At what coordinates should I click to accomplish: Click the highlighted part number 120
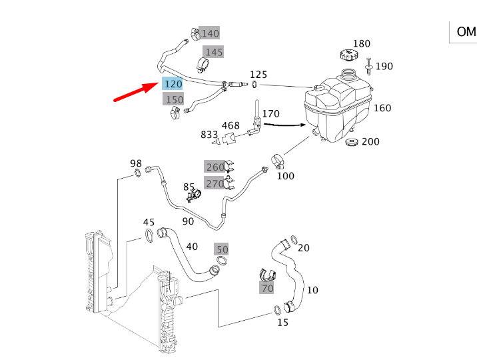(172, 83)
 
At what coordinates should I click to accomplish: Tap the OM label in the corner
(465, 32)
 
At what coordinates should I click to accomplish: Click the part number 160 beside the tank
(382, 108)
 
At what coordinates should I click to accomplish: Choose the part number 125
(258, 74)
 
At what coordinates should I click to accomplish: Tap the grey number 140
(209, 33)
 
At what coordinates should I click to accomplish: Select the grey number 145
(213, 52)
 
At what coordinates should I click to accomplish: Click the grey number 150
(174, 99)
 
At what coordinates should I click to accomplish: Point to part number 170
(270, 114)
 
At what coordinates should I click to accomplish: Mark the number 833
(209, 135)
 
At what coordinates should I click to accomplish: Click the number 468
(231, 125)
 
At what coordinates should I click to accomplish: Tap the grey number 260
(215, 167)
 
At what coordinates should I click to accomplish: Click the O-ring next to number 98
(137, 174)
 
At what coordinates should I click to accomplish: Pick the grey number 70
(267, 288)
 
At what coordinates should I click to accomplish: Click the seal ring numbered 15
(276, 309)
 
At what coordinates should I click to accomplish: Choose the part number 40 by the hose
(192, 246)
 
